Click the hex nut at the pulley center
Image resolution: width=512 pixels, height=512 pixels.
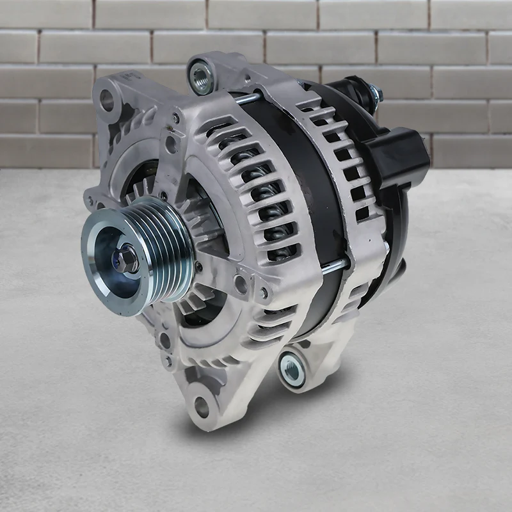tap(125, 259)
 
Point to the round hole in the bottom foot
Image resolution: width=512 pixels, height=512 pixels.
tap(202, 406)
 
